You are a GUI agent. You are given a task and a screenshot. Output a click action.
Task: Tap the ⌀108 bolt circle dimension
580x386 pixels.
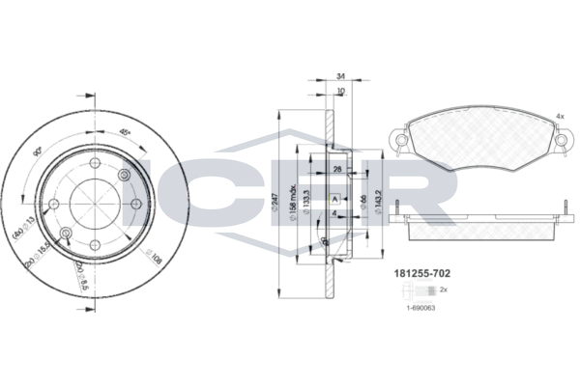[153, 259]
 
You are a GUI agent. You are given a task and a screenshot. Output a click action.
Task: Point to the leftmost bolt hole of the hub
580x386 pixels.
[55, 204]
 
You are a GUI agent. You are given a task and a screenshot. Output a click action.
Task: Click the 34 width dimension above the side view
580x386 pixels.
[341, 76]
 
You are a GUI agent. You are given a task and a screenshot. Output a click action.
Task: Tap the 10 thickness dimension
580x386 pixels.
[341, 92]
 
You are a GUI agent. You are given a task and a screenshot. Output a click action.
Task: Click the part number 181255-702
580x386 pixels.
[422, 274]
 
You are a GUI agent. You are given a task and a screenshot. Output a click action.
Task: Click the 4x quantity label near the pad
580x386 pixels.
[559, 117]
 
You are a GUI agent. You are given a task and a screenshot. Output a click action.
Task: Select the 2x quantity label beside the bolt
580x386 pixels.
[444, 289]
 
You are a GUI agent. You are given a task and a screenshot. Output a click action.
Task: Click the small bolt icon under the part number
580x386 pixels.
[423, 289]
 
